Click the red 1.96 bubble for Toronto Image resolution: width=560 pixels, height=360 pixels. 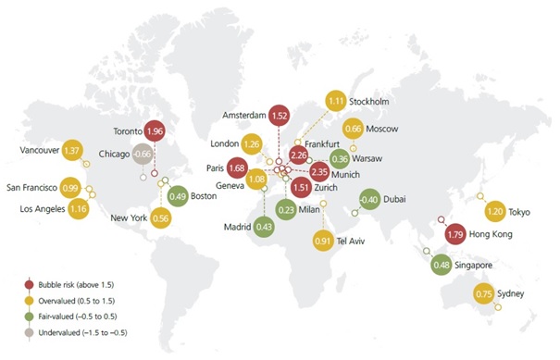(x=155, y=131)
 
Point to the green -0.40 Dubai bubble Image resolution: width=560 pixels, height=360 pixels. (x=368, y=200)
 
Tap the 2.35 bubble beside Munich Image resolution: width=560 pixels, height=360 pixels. (x=319, y=171)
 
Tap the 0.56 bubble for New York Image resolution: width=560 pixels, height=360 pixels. (x=161, y=217)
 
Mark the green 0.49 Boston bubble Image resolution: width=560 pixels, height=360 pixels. (x=179, y=195)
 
